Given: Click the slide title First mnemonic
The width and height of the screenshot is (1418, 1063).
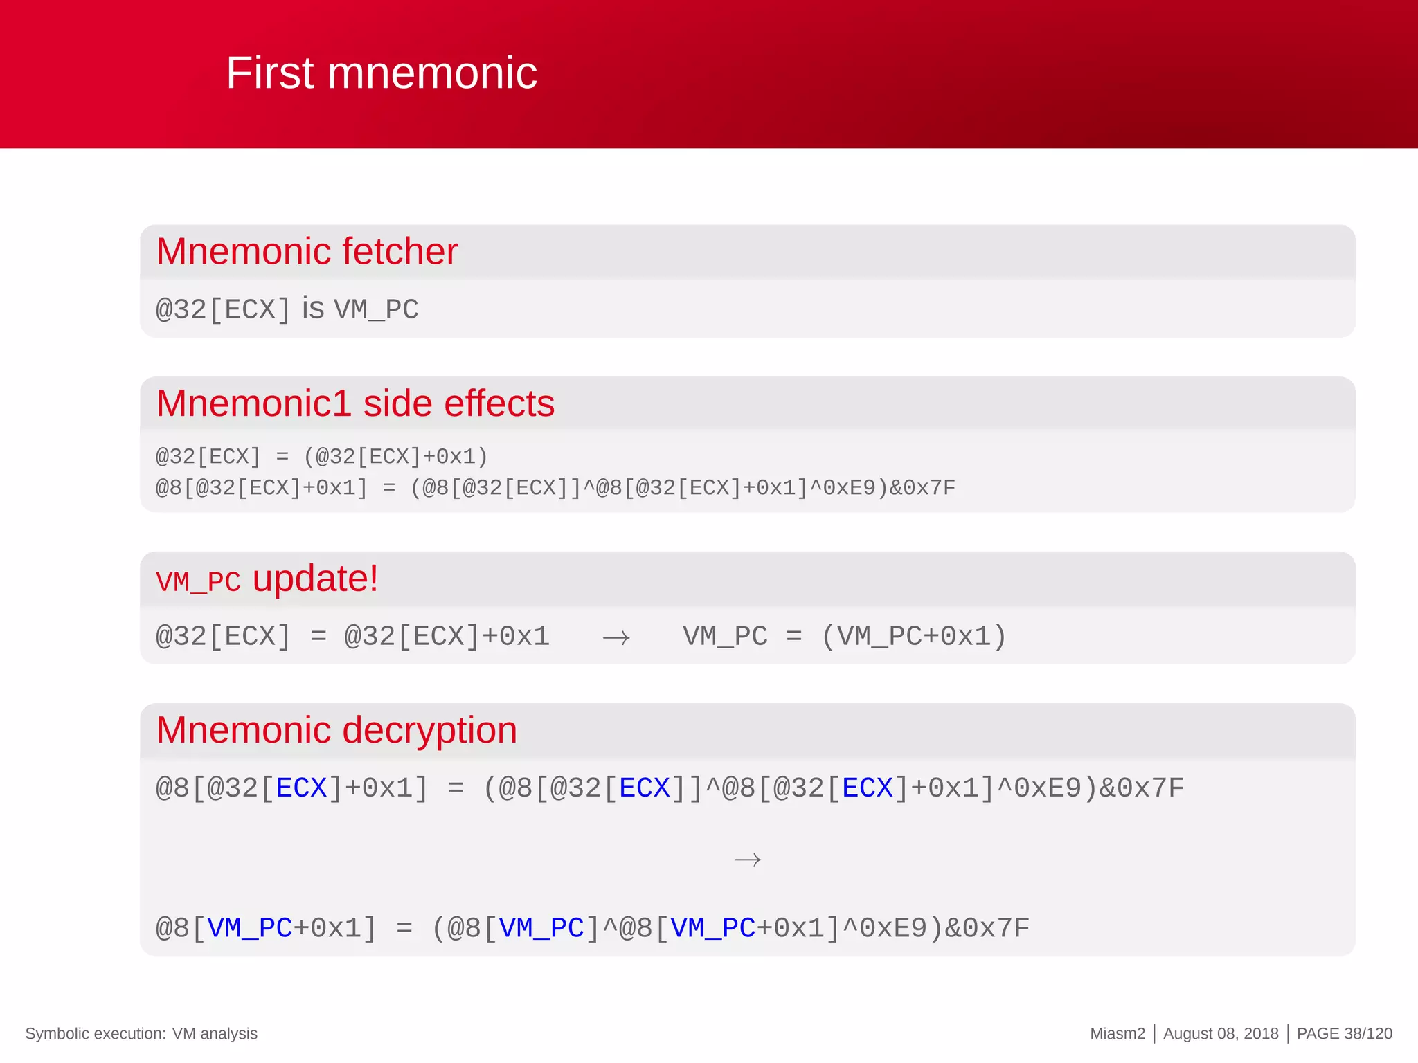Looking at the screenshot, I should coord(382,73).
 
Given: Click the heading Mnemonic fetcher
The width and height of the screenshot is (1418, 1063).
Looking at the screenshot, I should coord(307,251).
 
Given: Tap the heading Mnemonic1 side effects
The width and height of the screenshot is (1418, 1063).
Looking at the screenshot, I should coord(355,403).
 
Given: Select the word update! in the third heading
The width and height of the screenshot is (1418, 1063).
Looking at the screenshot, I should coord(315,579).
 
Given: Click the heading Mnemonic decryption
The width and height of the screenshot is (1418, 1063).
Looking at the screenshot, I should coord(336,730).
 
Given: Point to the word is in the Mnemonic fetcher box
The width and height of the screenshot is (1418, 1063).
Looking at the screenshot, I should coord(313,309).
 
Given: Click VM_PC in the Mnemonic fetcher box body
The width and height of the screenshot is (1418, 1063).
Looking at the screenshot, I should coord(376,309).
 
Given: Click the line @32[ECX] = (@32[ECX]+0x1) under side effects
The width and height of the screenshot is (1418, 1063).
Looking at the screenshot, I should coord(322,457).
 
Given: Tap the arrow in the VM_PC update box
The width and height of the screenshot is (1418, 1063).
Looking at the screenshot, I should coord(616,637).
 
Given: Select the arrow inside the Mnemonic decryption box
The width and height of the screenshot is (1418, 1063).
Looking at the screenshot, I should coord(747,860).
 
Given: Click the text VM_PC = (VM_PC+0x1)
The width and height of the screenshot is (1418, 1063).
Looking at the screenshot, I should coord(844,636).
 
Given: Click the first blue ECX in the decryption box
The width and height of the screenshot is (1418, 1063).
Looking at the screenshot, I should coord(301,788).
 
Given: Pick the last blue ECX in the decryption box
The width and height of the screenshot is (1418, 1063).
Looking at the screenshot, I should coord(868,788).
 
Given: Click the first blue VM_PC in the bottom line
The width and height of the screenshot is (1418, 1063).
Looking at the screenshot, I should coord(249,928).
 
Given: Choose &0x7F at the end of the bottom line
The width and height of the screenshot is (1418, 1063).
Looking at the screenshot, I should coord(987,928).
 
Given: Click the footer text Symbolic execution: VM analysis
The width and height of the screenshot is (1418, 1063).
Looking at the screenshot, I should coord(141,1033).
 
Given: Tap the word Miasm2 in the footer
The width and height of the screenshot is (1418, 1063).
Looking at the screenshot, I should coord(1118,1033).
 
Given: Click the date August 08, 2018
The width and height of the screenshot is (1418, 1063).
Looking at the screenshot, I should coord(1221,1033).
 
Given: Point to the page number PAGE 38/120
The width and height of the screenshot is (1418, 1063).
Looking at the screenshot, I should coord(1344,1033).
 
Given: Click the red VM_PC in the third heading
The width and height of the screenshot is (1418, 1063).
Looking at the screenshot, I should coord(198,582).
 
